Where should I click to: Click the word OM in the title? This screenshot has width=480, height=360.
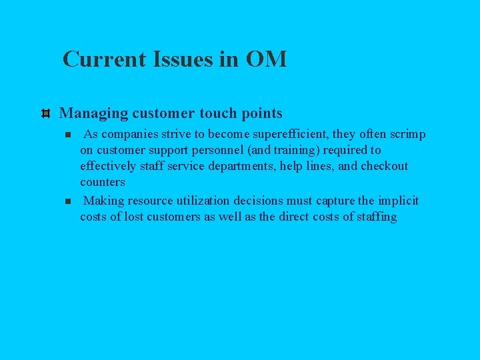[x=267, y=59]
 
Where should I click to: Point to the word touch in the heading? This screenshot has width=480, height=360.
[x=217, y=113]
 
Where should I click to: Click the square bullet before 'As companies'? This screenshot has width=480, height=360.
[x=67, y=135]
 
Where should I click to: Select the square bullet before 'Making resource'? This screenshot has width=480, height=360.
[x=67, y=201]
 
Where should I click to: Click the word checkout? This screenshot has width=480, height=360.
[x=384, y=166]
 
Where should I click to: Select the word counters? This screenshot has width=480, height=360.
[x=103, y=182]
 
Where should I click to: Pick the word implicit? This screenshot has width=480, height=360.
[x=398, y=201]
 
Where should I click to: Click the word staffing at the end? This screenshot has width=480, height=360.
[x=376, y=217]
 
